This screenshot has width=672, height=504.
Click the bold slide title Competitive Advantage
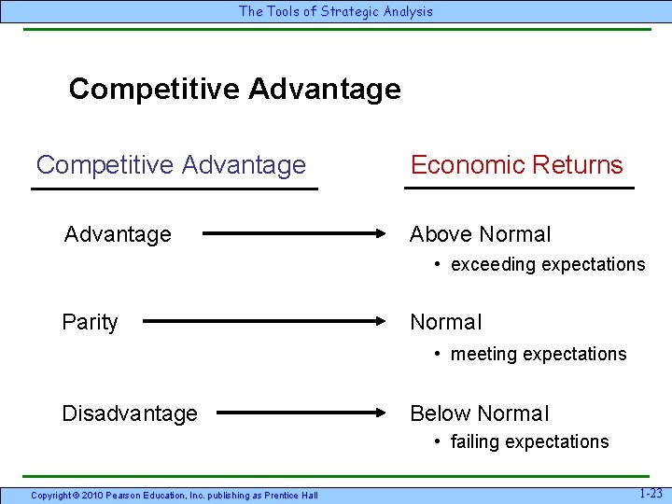tap(234, 89)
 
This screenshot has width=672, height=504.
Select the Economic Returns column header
tap(516, 165)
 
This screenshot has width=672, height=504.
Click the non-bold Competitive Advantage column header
tap(171, 165)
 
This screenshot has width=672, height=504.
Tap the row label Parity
tap(90, 322)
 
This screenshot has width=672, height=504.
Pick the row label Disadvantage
tap(130, 413)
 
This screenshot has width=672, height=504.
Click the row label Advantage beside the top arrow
tap(118, 234)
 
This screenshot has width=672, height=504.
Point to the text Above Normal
tap(481, 234)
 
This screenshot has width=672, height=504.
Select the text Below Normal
tap(480, 413)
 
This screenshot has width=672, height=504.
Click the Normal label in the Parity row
tap(446, 322)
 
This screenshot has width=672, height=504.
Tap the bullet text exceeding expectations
tap(547, 264)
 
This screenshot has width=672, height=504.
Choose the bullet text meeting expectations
tap(538, 354)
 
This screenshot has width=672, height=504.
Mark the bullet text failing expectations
tap(529, 441)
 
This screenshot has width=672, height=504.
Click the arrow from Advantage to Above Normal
tap(295, 234)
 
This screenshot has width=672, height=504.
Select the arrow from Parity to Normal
tap(265, 322)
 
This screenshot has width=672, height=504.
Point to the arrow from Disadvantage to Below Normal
tap(302, 412)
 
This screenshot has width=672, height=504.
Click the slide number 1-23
tap(651, 493)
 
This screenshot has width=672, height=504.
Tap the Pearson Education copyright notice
tap(175, 495)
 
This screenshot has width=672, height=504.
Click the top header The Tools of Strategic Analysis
tap(336, 11)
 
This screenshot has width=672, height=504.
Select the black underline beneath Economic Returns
tap(518, 189)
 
